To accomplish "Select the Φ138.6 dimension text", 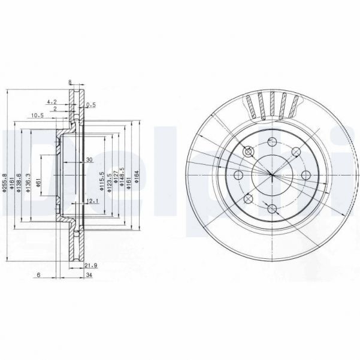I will coord(19,180).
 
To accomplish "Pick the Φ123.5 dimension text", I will coord(110,180).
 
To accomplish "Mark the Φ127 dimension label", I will coord(117,180).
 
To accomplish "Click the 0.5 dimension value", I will coord(91,105).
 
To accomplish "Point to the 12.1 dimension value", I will coord(92,201).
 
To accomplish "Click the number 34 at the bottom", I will coord(89,276).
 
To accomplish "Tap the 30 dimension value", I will coord(89,160).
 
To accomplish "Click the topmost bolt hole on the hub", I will coord(271,142).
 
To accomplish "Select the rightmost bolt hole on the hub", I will coord(305,175).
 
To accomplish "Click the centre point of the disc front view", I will coord(271,175).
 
